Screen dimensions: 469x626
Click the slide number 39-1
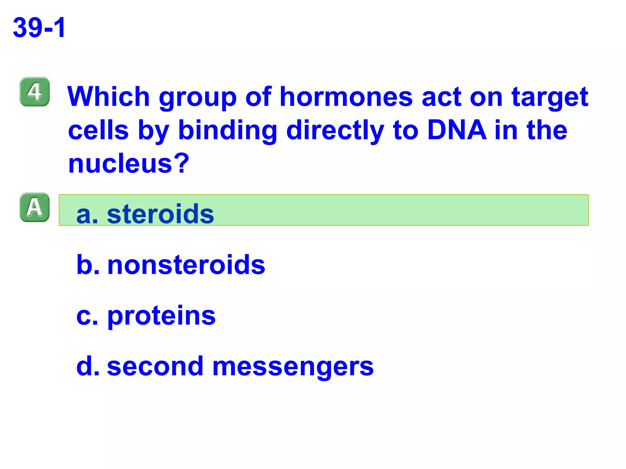[39, 28]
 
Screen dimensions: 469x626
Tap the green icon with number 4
[35, 92]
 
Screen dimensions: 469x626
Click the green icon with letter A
[35, 207]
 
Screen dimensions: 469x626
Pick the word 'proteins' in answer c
[161, 316]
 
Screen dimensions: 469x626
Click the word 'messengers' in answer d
[293, 367]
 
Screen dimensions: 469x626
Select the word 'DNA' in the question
[457, 130]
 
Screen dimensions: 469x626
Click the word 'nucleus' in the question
[120, 164]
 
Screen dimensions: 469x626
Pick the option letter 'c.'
[87, 316]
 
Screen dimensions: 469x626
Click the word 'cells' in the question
[98, 130]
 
